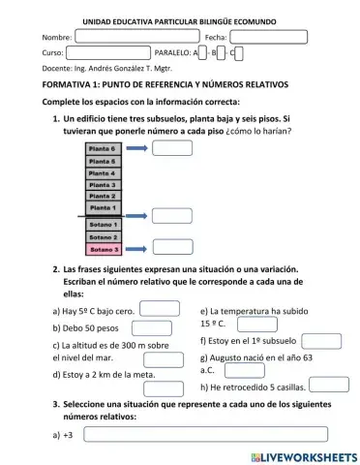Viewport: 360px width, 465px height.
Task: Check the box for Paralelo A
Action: tap(204, 53)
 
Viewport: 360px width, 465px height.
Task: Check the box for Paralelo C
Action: tap(238, 53)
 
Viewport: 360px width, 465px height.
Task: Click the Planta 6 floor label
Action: tap(102, 149)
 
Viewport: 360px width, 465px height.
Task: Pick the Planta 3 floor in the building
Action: tap(102, 184)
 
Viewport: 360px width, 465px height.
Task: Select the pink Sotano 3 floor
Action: tap(102, 248)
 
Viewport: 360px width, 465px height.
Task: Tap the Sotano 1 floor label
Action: tap(102, 224)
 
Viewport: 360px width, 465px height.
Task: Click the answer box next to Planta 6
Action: tap(171, 148)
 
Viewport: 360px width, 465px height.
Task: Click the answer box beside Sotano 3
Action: tap(171, 249)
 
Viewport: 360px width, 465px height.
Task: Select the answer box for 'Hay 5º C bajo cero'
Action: tap(160, 310)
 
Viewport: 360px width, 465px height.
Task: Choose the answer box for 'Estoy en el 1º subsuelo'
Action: tap(320, 340)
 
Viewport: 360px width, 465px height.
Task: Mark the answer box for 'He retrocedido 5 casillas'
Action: tap(328, 385)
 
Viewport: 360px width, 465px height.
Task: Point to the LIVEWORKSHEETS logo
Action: tap(303, 455)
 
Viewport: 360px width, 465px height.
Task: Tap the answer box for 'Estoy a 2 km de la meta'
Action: tap(163, 373)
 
